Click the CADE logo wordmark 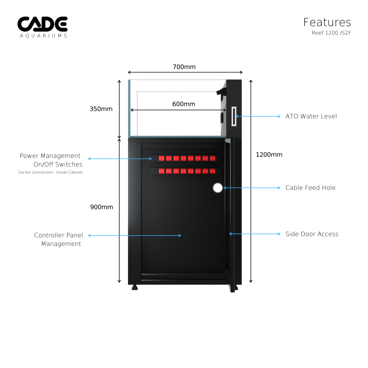pos(42,24)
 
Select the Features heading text pos(327,22)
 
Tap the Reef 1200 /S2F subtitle pos(331,33)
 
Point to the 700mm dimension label pos(184,67)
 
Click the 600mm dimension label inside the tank pos(184,104)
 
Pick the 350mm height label pos(101,109)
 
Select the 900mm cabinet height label pos(102,207)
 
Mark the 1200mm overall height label pos(269,155)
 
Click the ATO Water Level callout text pos(311,116)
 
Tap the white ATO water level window pos(234,116)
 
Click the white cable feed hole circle pos(218,188)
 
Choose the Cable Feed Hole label pos(310,188)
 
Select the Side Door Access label pos(312,234)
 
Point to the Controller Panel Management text pos(59,240)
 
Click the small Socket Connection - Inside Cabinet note pos(50,172)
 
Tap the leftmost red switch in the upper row pos(161,158)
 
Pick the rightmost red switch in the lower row pos(213,171)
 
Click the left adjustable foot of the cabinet pos(135,288)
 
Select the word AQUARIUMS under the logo pos(43,36)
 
